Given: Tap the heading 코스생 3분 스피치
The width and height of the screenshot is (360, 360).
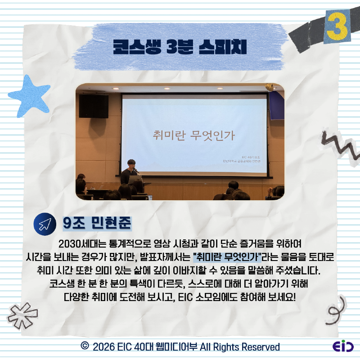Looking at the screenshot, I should coord(180,47).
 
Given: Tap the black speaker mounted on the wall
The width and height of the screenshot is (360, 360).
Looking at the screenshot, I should coord(94,106).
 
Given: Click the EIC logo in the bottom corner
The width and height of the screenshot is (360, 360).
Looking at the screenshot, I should coord(343,347).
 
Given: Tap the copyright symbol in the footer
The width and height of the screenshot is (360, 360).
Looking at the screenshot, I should coord(84,346).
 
